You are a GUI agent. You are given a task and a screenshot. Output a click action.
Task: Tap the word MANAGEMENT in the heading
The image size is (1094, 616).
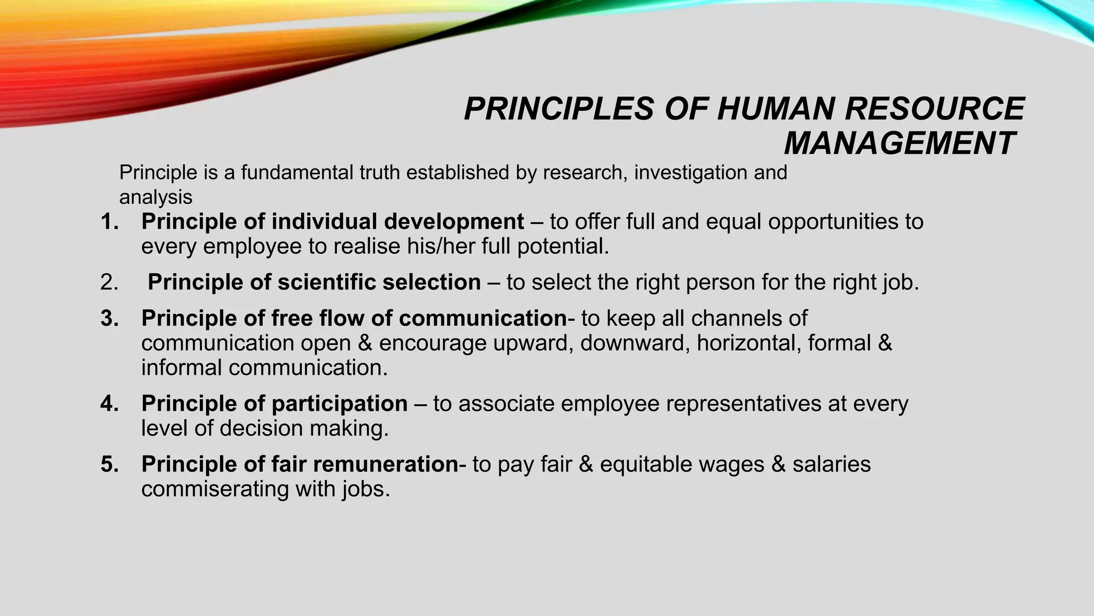(899, 143)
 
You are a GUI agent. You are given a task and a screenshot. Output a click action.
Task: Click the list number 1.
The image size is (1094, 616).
(110, 222)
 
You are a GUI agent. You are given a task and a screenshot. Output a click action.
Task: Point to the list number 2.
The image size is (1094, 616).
(109, 282)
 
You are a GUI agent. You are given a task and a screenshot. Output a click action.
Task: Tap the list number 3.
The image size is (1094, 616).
(110, 319)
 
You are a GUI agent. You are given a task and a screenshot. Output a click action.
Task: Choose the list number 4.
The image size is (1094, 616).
(110, 404)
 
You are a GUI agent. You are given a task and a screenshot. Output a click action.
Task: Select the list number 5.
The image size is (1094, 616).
(110, 464)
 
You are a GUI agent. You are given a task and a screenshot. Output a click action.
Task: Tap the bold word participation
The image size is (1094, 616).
(340, 404)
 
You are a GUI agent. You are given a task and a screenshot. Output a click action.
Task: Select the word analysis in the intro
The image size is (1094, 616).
(155, 197)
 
